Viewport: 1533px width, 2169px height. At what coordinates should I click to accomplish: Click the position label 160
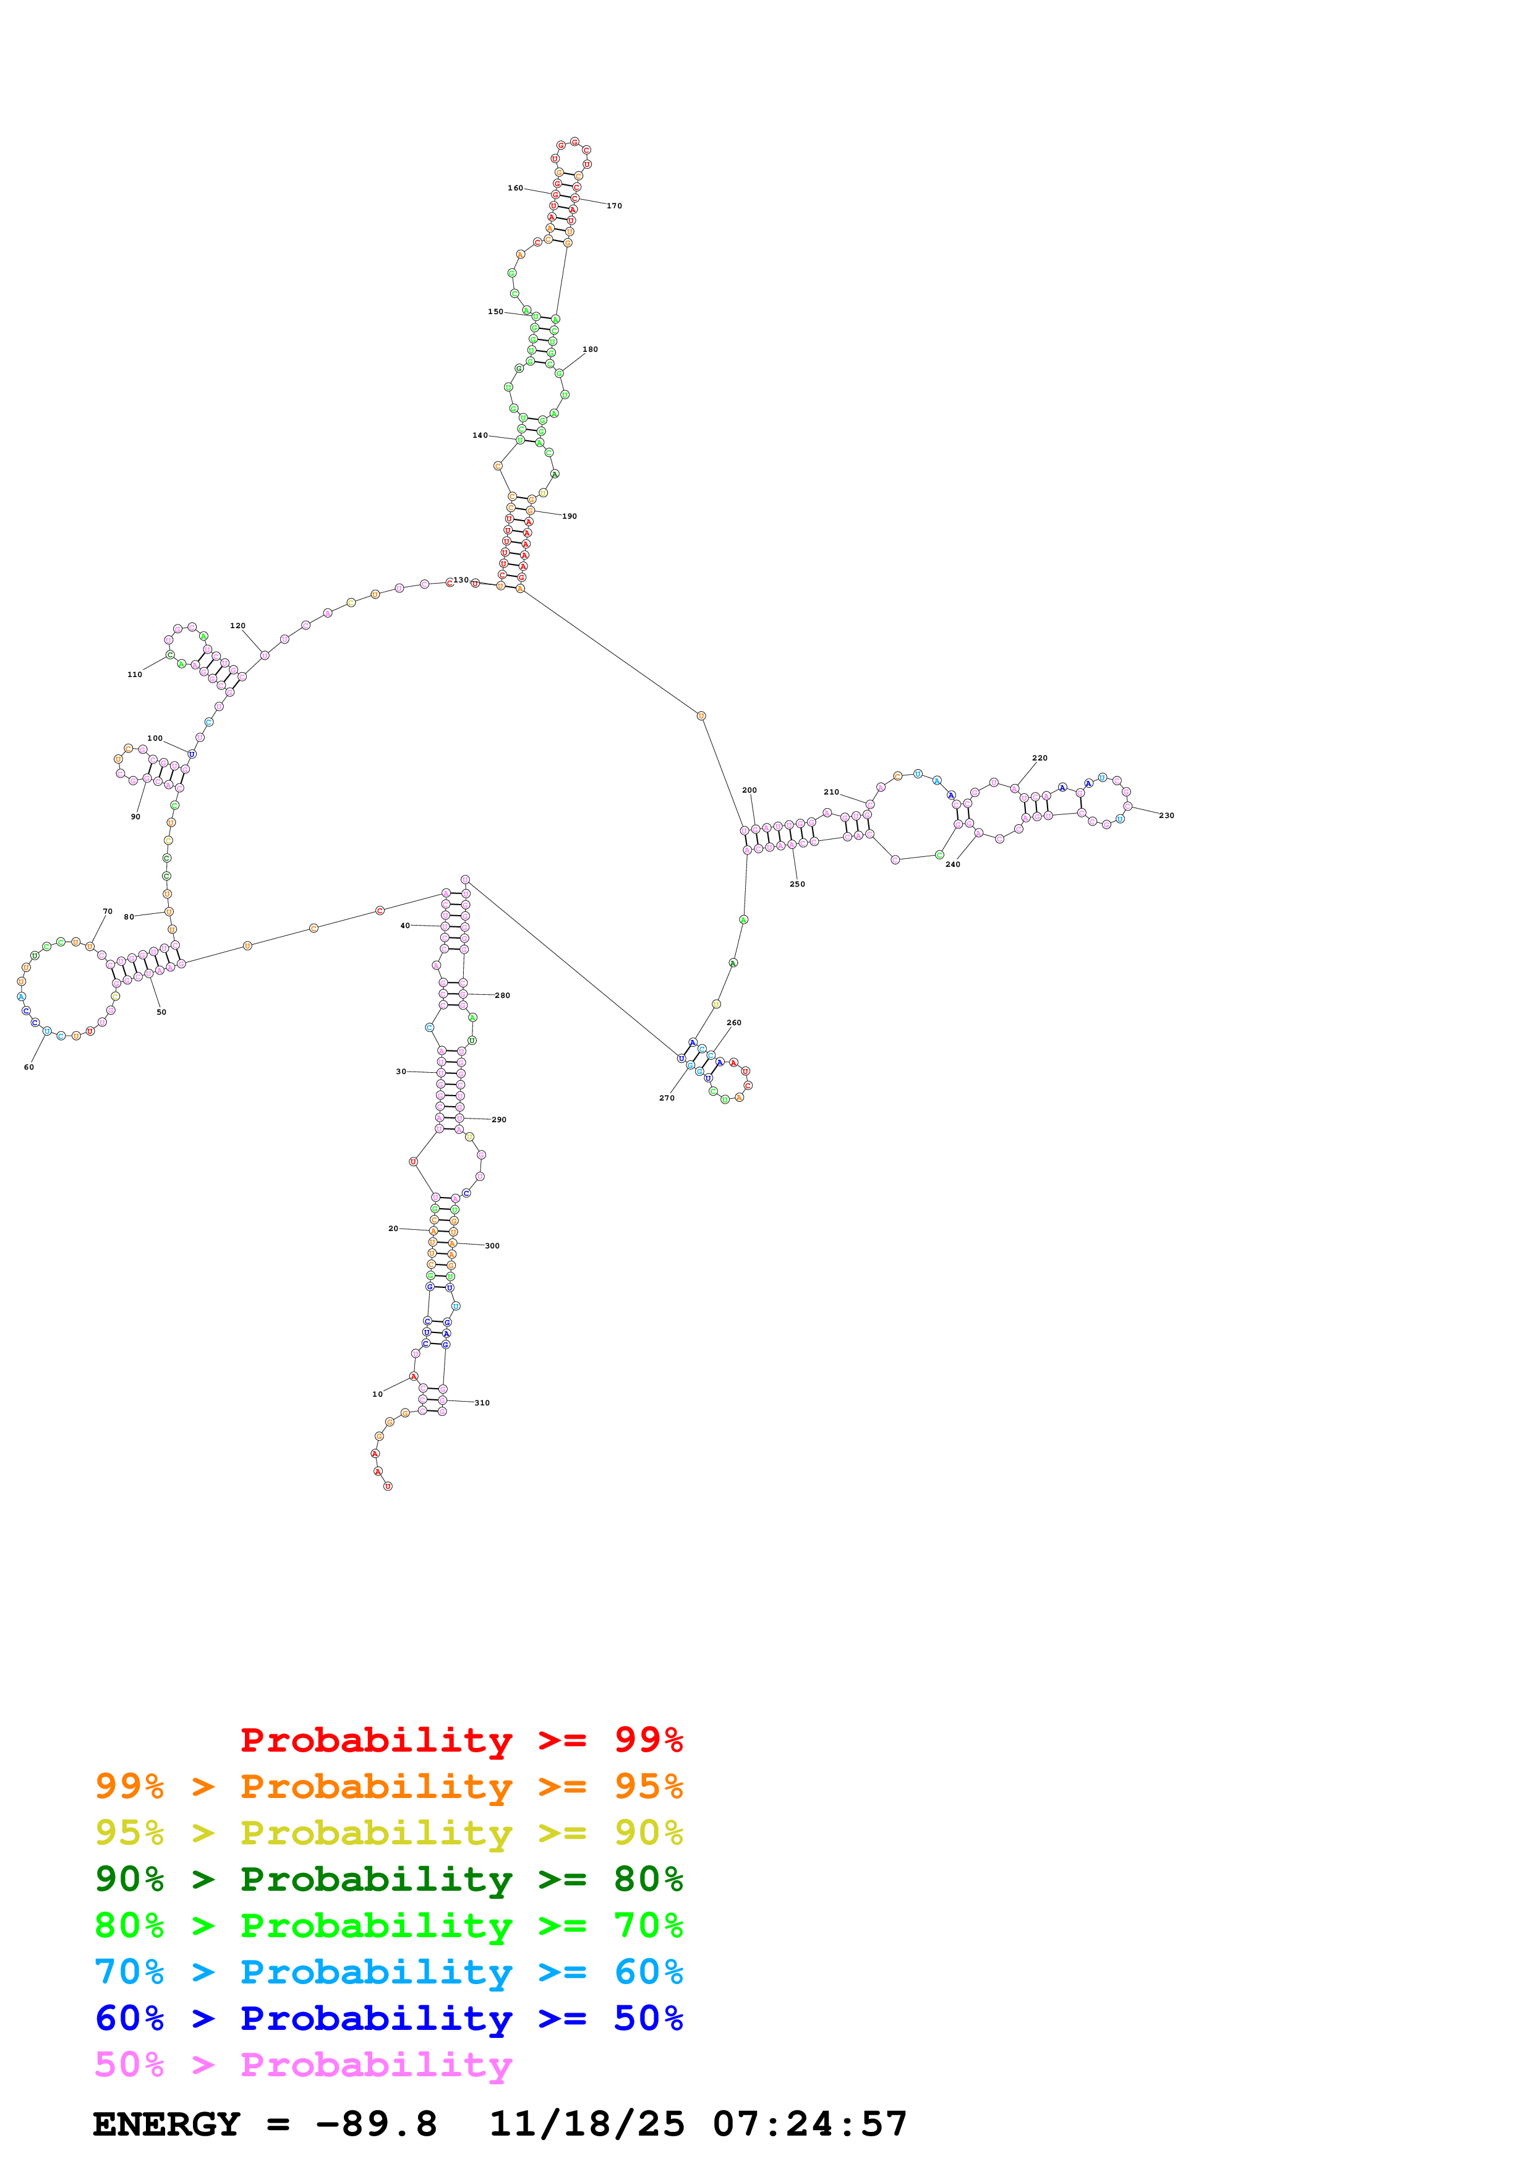[515, 188]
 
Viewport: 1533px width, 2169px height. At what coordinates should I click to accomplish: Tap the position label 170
[614, 206]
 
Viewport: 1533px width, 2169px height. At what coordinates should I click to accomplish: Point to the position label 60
[28, 1067]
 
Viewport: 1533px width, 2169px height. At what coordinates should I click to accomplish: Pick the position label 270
[667, 1097]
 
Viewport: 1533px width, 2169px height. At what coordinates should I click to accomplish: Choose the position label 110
[135, 675]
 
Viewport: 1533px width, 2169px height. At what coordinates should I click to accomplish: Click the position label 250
[797, 884]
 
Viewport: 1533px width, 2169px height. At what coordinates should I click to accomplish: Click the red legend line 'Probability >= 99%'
[462, 1739]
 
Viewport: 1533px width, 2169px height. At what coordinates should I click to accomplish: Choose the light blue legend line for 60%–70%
[389, 1972]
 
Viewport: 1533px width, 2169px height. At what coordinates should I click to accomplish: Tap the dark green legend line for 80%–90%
[389, 1879]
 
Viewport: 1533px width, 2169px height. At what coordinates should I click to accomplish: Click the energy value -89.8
[377, 2124]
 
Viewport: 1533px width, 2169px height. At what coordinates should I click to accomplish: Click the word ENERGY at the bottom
[166, 2124]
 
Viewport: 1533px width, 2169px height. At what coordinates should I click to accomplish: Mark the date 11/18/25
[587, 2124]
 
